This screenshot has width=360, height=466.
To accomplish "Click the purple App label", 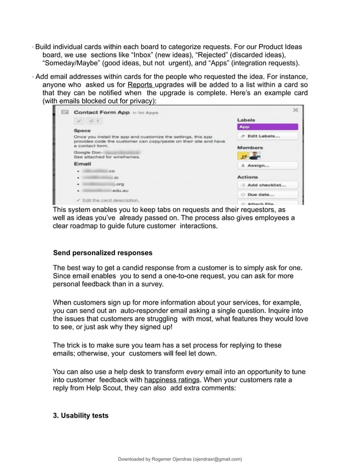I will (266, 127).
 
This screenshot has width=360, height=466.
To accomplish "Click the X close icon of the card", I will (296, 111).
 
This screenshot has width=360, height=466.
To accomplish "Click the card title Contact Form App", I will (102, 113).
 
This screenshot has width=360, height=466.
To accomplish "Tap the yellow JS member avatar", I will (243, 156).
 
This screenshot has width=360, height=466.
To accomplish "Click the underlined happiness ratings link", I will (168, 380).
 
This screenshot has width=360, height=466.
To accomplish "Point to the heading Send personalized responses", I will (102, 252).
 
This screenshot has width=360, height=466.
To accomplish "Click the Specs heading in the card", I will (82, 130).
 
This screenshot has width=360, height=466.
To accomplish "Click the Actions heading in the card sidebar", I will (247, 177).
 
